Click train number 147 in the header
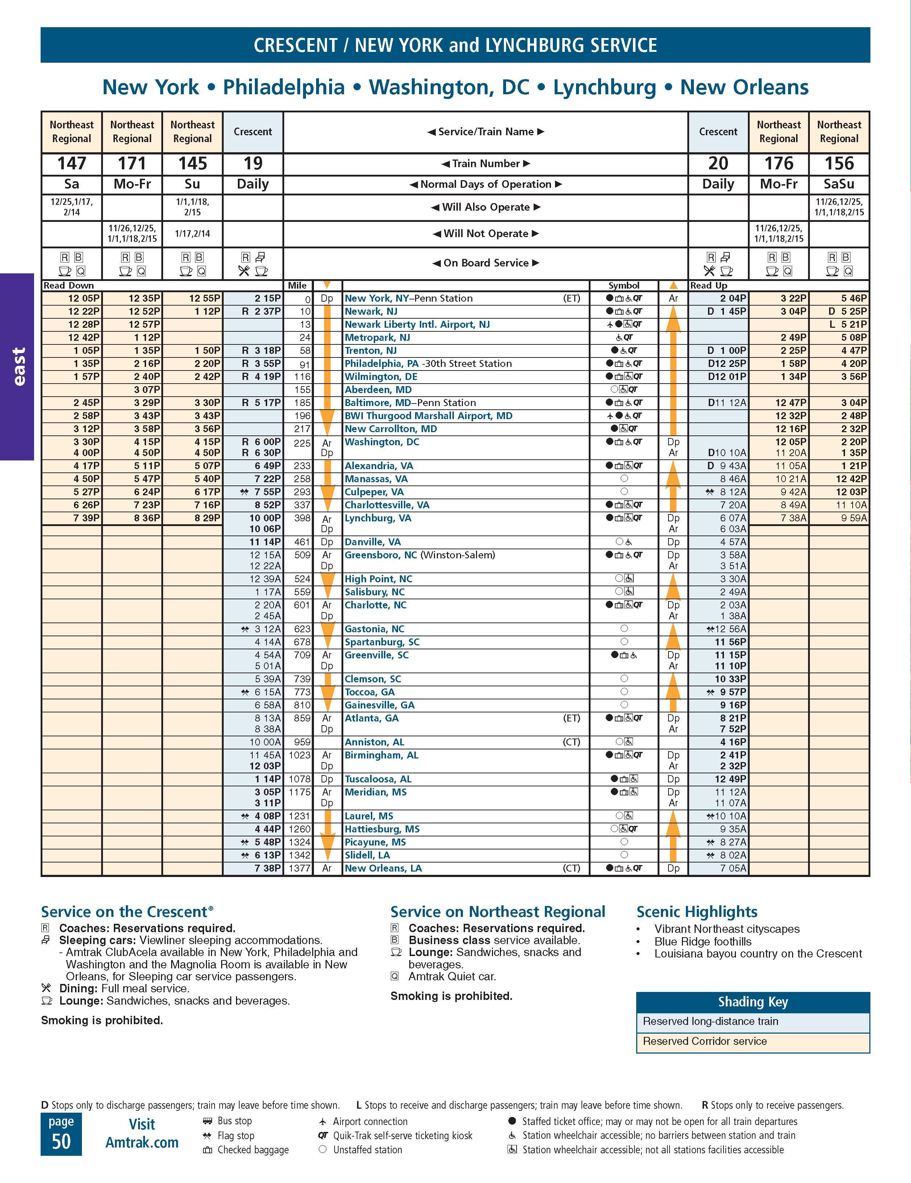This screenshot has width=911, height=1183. (x=71, y=164)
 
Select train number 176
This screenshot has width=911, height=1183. (x=778, y=164)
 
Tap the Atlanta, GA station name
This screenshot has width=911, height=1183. (x=372, y=718)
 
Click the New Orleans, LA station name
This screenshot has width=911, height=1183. (x=383, y=868)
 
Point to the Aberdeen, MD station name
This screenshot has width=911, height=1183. (x=378, y=389)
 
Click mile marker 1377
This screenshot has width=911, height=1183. (x=299, y=868)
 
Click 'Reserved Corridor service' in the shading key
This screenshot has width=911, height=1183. (x=705, y=1041)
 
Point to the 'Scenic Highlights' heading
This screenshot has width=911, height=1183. (x=696, y=912)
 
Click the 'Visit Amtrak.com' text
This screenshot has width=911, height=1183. (x=142, y=1134)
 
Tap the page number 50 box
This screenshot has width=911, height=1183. (x=61, y=1134)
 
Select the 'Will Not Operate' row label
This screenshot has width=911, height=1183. (x=485, y=233)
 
